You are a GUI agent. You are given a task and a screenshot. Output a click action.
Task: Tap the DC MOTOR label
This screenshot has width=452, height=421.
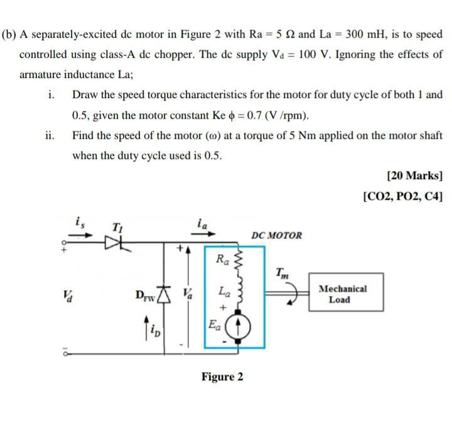click(x=276, y=236)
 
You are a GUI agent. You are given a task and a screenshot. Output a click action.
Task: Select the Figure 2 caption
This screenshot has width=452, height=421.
click(x=222, y=377)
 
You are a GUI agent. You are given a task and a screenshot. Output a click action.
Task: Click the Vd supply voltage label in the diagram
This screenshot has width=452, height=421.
click(x=67, y=293)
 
